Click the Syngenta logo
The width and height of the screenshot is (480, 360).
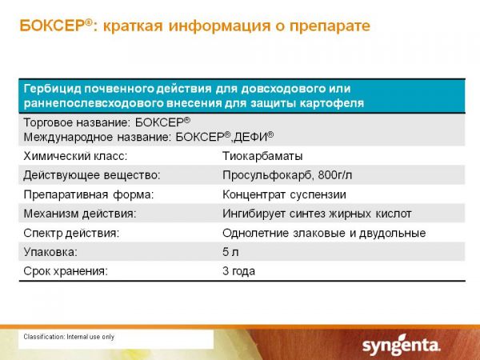pos(402,346)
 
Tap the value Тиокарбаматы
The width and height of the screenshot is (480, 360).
pos(262,156)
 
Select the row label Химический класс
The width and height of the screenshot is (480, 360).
pos(75,156)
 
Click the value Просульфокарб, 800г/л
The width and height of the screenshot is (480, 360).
pos(287,175)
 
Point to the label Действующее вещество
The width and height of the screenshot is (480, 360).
pos(92,175)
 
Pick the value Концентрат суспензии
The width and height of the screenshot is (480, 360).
pos(284,194)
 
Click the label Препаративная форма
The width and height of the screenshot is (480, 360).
pos(89,194)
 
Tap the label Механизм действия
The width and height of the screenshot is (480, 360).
pos(80,214)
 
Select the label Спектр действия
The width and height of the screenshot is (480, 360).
pos(71,233)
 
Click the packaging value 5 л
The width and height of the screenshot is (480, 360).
pos(230,252)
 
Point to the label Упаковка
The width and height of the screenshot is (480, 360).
pos(50,252)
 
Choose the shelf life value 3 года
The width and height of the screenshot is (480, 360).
pos(238,271)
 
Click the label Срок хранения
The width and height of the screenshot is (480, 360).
pos(66,271)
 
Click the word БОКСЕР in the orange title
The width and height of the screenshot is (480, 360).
pos(52,26)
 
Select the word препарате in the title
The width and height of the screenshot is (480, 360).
pos(330,26)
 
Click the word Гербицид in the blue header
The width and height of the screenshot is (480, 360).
pos(52,89)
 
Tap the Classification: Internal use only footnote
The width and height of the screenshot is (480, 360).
pos(69,337)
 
